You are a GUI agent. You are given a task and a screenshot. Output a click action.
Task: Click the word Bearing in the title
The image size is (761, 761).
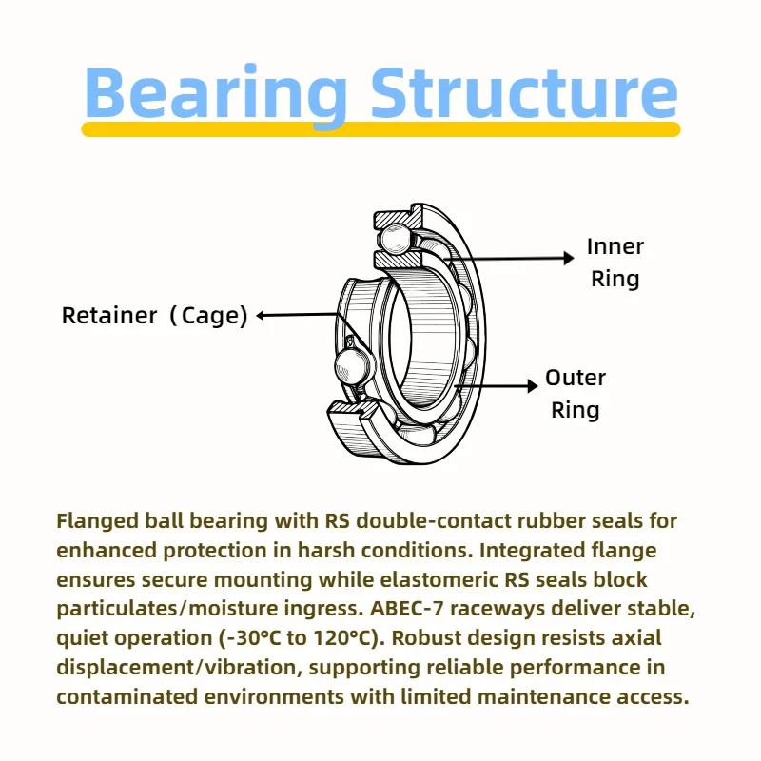pyautogui.click(x=216, y=94)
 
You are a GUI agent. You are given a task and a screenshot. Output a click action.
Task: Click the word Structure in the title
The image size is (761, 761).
pyautogui.click(x=524, y=92)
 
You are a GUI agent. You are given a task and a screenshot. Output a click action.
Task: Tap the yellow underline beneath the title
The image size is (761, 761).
pyautogui.click(x=381, y=129)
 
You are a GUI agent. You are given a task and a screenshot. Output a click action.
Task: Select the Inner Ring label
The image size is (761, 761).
pyautogui.click(x=615, y=263)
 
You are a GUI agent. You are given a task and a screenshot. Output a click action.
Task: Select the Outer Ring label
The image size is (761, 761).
pyautogui.click(x=576, y=394)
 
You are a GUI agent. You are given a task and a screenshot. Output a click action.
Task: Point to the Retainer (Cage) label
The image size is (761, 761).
pyautogui.click(x=154, y=316)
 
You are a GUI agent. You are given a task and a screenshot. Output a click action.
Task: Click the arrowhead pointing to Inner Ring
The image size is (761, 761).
pyautogui.click(x=568, y=258)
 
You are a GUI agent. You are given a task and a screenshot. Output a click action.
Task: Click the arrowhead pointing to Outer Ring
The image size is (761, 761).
pyautogui.click(x=533, y=386)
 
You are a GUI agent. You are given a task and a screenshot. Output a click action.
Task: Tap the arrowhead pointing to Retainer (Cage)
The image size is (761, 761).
pyautogui.click(x=261, y=316)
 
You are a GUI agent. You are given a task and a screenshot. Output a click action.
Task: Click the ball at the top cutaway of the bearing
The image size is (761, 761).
pyautogui.click(x=396, y=239)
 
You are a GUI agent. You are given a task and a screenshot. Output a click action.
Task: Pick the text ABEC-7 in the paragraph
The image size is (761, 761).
pyautogui.click(x=407, y=608)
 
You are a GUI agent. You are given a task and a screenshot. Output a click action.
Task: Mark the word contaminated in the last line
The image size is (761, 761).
pyautogui.click(x=127, y=697)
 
